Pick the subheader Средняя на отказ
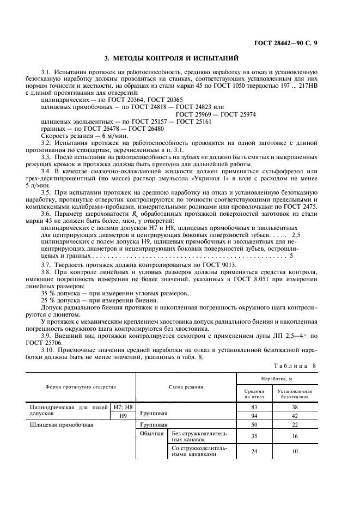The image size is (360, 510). pyautogui.click(x=254, y=394)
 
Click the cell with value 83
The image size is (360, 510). pyautogui.click(x=254, y=407)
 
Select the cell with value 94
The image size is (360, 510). pyautogui.click(x=254, y=416)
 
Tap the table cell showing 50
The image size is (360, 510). pyautogui.click(x=254, y=424)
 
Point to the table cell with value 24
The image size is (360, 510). pyautogui.click(x=254, y=451)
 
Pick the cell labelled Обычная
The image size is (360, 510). pyautogui.click(x=152, y=433)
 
